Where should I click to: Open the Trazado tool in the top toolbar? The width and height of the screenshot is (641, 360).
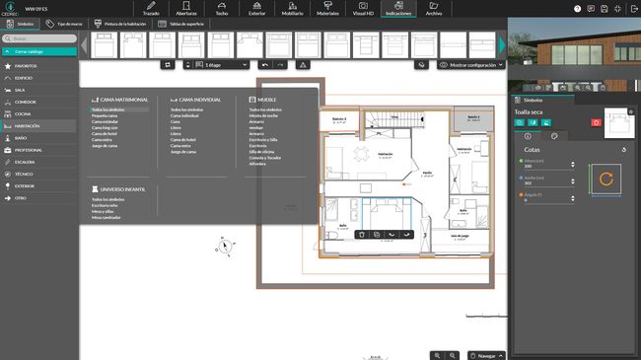click(151, 9)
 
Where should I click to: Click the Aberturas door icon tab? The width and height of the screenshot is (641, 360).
click(186, 9)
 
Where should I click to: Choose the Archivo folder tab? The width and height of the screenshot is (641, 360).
click(434, 9)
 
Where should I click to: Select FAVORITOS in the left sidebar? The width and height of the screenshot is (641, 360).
click(27, 65)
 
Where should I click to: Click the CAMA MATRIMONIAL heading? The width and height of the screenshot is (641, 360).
click(124, 100)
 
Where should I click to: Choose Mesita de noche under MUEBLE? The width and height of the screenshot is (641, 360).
click(265, 115)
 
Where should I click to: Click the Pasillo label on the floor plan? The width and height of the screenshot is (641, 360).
click(428, 173)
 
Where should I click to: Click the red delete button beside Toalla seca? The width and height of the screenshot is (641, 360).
click(596, 121)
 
